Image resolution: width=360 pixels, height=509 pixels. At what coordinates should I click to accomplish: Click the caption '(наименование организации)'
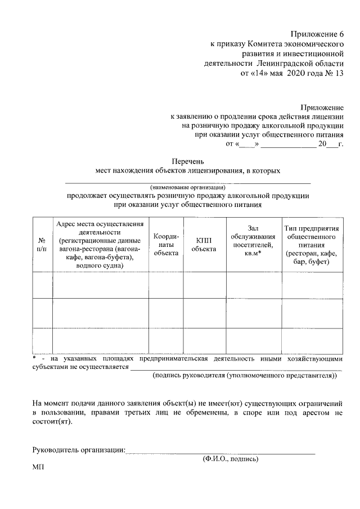pyautogui.click(x=187, y=187)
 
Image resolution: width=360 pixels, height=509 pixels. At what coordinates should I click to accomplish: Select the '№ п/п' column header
pyautogui.click(x=42, y=244)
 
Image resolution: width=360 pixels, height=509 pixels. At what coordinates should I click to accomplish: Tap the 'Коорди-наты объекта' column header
pyautogui.click(x=166, y=244)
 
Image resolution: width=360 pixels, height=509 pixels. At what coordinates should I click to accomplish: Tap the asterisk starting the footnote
pyautogui.click(x=34, y=358)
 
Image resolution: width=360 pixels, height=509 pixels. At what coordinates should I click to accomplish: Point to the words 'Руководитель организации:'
pyautogui.click(x=79, y=449)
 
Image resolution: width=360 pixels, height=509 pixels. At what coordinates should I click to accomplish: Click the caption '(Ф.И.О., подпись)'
pyautogui.click(x=231, y=459)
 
